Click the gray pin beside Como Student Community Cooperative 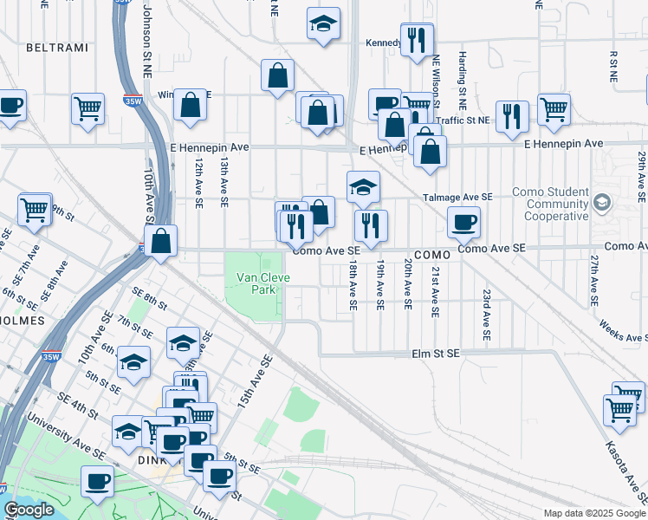tap(602, 203)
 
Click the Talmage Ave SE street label tap(458, 197)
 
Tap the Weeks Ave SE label tap(621, 329)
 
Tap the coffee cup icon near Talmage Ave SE tap(463, 222)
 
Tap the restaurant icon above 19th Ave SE tap(371, 225)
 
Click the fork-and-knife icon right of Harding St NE tap(512, 116)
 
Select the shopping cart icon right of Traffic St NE tap(554, 109)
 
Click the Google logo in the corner tap(29, 510)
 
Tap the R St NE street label tap(612, 66)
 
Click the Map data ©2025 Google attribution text tap(594, 513)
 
